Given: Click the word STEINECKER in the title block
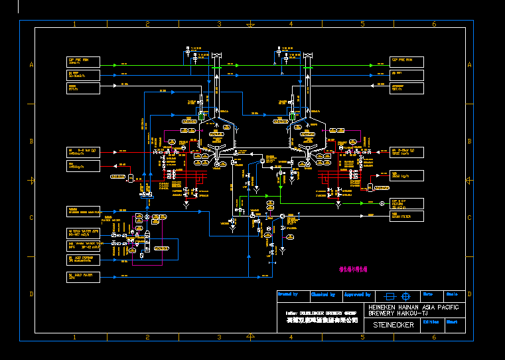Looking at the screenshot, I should pyautogui.click(x=394, y=325).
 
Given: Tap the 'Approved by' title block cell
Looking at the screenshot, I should pyautogui.click(x=358, y=294).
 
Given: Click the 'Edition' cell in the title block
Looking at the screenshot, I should pyautogui.click(x=430, y=321).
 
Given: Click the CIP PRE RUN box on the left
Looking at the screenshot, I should pyautogui.click(x=83, y=62).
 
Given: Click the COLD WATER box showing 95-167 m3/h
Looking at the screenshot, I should pyautogui.click(x=83, y=232).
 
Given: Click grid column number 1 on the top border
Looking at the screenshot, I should pyautogui.click(x=74, y=24).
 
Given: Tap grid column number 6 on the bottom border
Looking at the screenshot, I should pyautogui.click(x=434, y=337).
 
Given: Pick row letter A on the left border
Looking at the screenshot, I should pyautogui.click(x=31, y=64).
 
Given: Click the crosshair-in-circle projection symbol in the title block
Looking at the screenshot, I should pyautogui.click(x=407, y=296).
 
